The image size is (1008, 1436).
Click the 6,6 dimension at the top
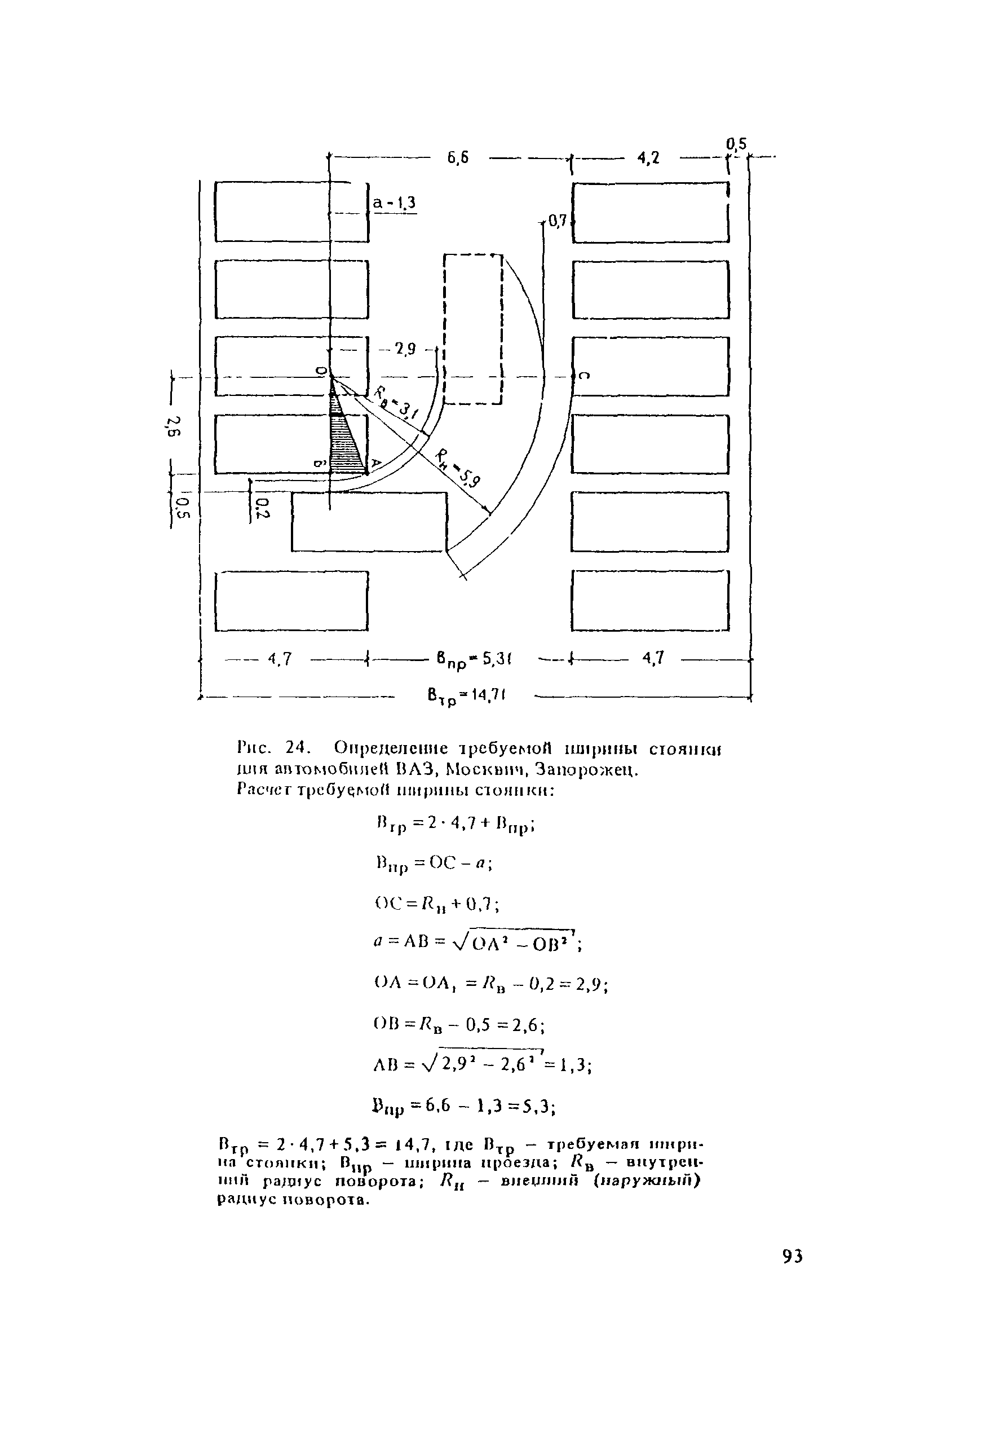click(458, 158)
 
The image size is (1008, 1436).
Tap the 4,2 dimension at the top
click(648, 158)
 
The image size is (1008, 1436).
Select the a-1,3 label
click(395, 202)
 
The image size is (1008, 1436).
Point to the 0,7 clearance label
click(556, 220)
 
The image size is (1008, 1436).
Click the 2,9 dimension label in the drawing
click(405, 350)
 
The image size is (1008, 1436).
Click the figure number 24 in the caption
click(298, 747)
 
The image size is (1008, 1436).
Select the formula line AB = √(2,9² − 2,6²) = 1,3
click(482, 1064)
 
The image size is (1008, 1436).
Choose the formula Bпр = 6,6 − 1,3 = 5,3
click(463, 1107)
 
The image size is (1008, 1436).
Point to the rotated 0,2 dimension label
click(261, 508)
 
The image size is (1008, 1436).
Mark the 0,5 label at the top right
click(737, 144)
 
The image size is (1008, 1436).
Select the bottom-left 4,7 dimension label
click(280, 659)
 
